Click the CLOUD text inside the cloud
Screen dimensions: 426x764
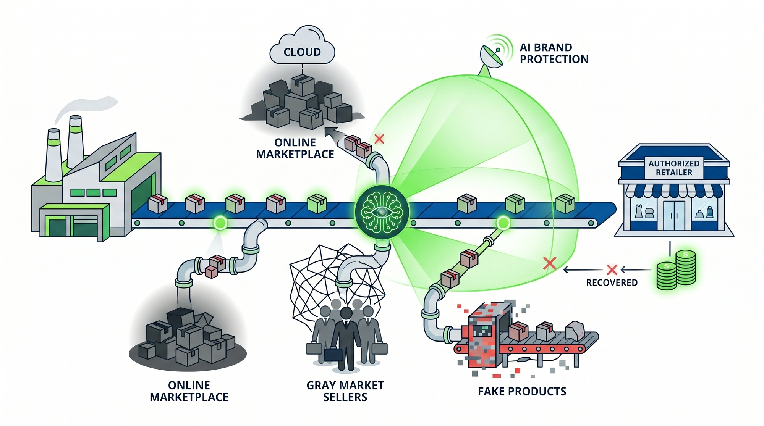tap(302, 52)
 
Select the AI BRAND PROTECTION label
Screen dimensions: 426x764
tap(554, 53)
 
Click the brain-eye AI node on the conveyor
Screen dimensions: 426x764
tap(382, 212)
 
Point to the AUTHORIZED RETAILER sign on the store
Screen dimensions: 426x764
tap(674, 168)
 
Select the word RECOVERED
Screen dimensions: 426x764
tap(612, 283)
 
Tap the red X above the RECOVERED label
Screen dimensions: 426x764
tap(612, 270)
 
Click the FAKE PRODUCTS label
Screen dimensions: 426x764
tap(522, 392)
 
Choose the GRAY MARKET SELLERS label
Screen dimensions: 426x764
tap(345, 391)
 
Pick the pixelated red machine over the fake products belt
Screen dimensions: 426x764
tap(485, 336)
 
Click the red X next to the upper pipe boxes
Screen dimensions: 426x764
tap(379, 139)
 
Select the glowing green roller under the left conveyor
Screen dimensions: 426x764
tap(220, 223)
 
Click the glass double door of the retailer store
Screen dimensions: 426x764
tap(674, 216)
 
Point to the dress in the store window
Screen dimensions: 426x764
tap(638, 211)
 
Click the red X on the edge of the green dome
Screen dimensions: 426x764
tap(550, 263)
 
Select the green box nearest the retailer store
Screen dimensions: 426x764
tap(565, 203)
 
